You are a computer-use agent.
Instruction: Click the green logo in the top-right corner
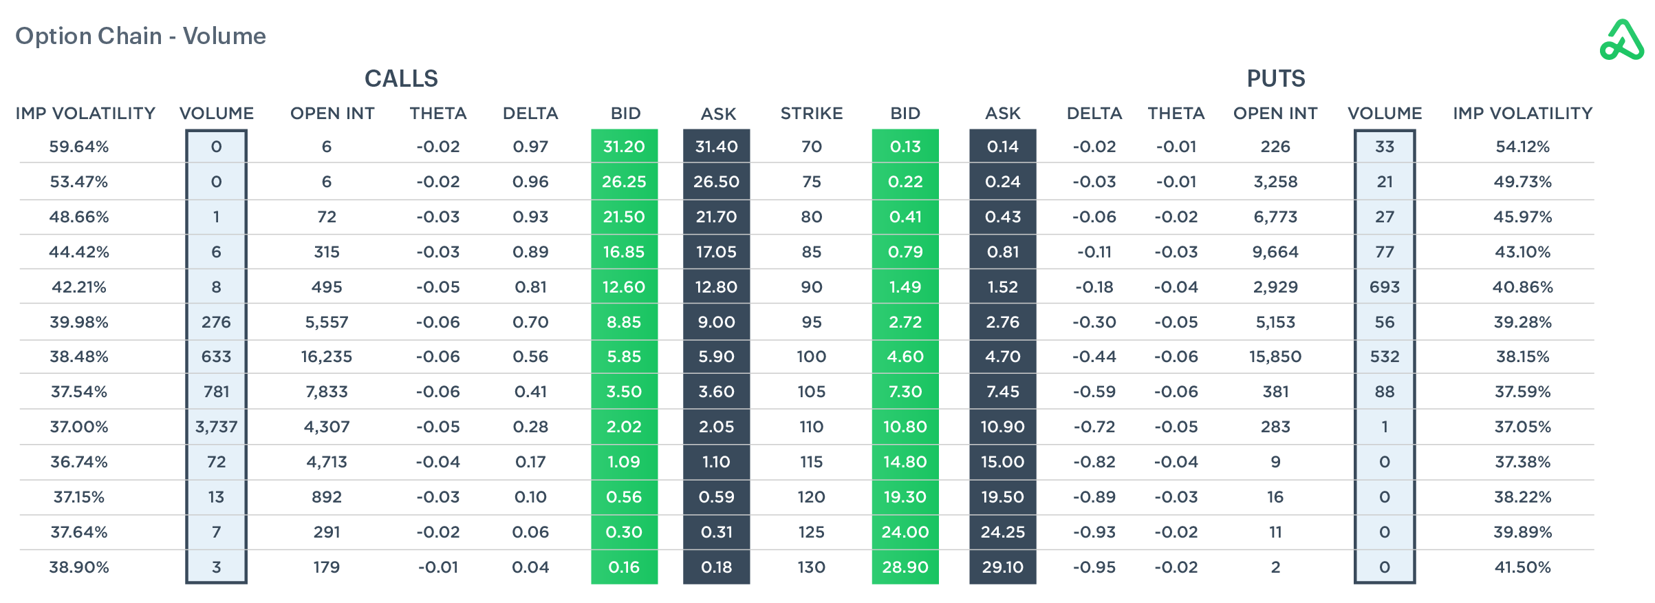click(1621, 41)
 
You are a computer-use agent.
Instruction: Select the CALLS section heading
click(401, 78)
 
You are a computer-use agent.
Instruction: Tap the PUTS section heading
click(1275, 78)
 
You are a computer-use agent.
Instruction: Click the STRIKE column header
click(811, 114)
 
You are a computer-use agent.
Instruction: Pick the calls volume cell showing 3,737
click(216, 427)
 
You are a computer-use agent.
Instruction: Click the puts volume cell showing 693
click(1384, 287)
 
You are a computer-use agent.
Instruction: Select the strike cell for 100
click(811, 357)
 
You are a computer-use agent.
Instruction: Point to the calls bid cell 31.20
click(624, 147)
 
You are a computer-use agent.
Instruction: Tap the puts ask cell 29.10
click(1002, 567)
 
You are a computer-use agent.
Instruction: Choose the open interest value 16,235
click(326, 357)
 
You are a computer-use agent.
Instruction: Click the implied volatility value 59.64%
click(79, 147)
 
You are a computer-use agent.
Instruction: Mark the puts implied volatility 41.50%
click(1522, 567)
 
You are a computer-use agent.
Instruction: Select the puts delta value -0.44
click(1094, 357)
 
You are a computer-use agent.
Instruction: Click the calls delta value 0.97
click(530, 147)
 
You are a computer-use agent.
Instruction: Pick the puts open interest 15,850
click(1275, 357)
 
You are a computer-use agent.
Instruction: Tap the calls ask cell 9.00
click(716, 322)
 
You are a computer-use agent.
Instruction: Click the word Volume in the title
click(224, 36)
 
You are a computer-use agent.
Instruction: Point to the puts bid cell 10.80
click(905, 427)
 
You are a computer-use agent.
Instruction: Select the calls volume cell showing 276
click(216, 322)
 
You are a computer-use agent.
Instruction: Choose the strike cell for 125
click(811, 532)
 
